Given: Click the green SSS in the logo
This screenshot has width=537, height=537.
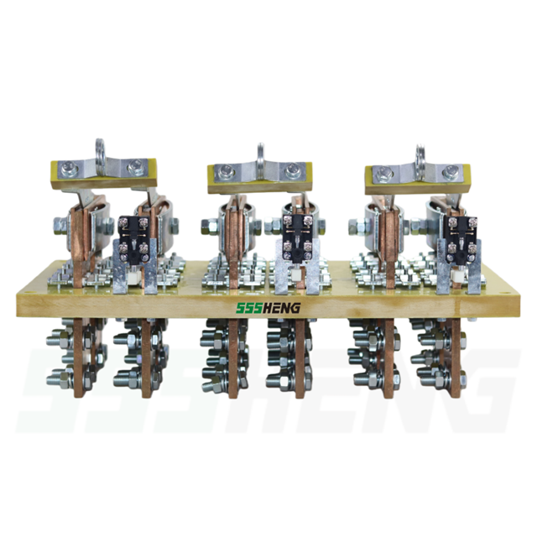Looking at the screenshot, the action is point(245,308).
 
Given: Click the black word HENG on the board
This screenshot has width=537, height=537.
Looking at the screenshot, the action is point(278,308).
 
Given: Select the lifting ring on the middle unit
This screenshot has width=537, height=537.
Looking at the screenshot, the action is point(261,154).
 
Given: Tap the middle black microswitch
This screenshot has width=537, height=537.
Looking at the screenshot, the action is point(297,237).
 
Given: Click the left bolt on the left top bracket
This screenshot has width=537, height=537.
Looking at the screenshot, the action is point(69,169).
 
